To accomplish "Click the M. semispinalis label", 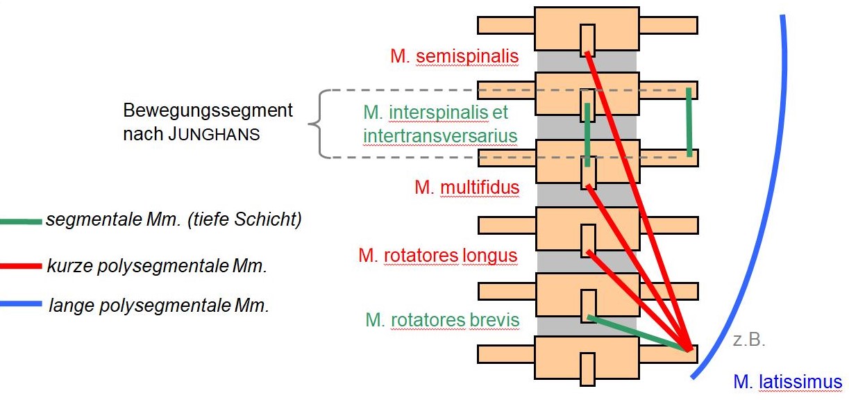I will [x=454, y=56].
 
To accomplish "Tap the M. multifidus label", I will [x=466, y=187].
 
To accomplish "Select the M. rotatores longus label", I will [x=437, y=256].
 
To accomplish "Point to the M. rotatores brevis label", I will [x=442, y=320].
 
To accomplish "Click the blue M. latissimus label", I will [x=787, y=381].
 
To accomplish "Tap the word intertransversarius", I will [x=440, y=135].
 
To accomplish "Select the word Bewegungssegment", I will [x=208, y=110].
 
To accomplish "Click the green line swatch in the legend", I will [x=21, y=222].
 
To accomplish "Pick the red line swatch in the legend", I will [x=21, y=265].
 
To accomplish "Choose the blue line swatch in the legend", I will [x=21, y=304].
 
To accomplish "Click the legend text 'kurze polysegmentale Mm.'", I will [x=158, y=266].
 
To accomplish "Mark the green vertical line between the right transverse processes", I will [x=689, y=122].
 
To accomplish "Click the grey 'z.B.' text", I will [x=748, y=341].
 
